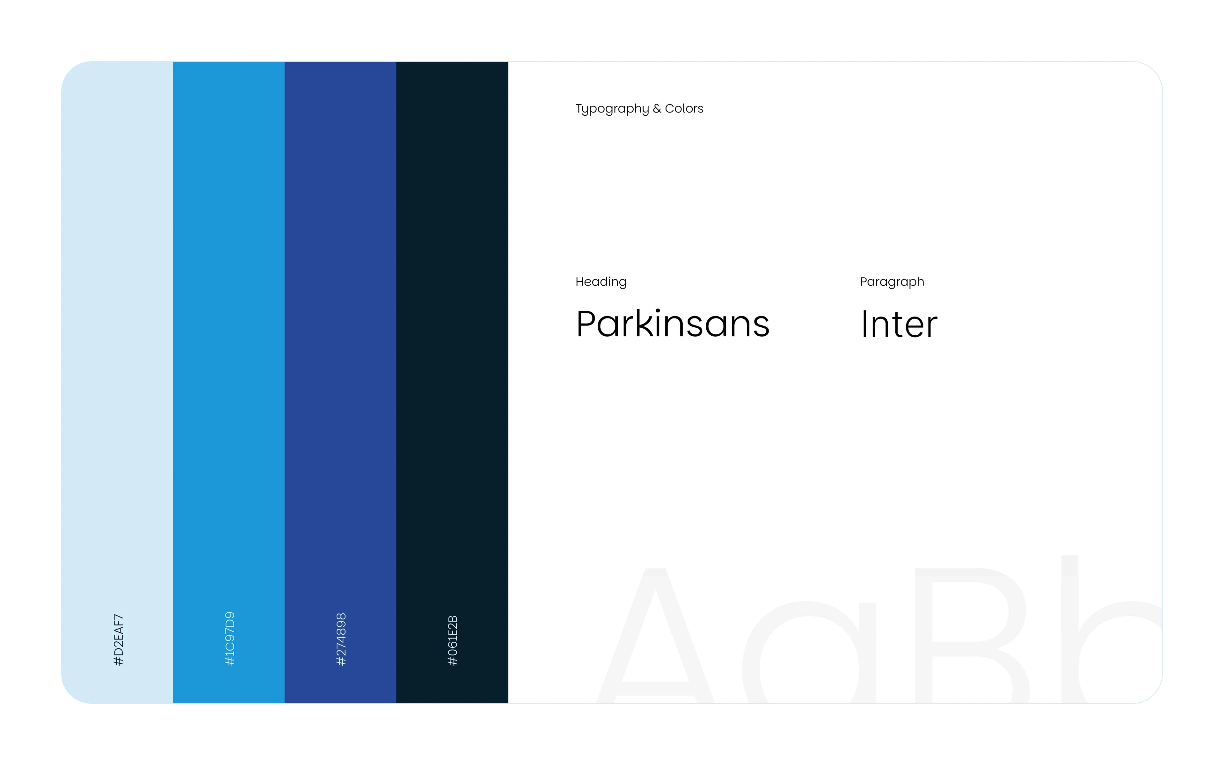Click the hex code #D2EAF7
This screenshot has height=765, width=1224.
click(118, 639)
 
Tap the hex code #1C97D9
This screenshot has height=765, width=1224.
click(229, 638)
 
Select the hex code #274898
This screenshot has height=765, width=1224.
click(341, 639)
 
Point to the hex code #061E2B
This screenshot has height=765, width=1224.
click(453, 640)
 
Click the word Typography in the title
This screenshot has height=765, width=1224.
click(612, 109)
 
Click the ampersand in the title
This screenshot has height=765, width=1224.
click(657, 108)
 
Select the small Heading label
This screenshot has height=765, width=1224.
click(601, 282)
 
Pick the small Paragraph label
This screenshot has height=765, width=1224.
click(892, 282)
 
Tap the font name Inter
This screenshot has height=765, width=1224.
click(899, 324)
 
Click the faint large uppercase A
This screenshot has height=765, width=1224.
click(655, 635)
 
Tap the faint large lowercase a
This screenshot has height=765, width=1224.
click(809, 653)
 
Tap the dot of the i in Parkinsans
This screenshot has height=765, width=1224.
click(658, 311)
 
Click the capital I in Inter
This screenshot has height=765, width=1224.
click(864, 324)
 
